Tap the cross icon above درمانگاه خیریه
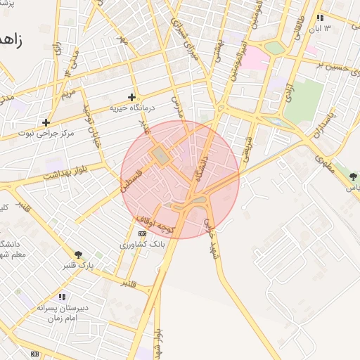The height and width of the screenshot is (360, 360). pos(131,98)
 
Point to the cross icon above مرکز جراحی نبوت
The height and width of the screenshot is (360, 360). pos(46,122)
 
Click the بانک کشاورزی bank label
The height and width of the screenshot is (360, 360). pos(142,244)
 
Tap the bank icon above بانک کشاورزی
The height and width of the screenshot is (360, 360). pos(142,233)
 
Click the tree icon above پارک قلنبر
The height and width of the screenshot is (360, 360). pos(78,255)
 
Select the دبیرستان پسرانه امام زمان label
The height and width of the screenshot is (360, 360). pos(62,312)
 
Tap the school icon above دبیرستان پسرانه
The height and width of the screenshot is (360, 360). pos(62,297)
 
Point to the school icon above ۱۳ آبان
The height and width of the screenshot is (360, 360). pos(320,18)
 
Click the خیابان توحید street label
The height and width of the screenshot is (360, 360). pos(92,124)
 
